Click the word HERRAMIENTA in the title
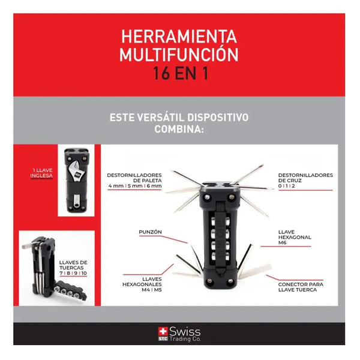(x=179, y=37)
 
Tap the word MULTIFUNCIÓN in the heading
(x=179, y=55)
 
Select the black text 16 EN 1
(x=181, y=73)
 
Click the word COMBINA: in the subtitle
(x=179, y=129)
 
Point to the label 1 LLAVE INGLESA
(x=41, y=173)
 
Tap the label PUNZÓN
(x=150, y=232)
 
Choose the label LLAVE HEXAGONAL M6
(x=295, y=237)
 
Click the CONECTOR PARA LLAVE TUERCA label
(x=301, y=287)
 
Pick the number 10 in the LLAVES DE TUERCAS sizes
(x=84, y=273)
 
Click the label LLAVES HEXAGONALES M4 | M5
(x=142, y=284)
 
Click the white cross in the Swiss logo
(x=163, y=331)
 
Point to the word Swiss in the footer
(x=185, y=332)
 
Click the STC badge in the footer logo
(x=163, y=339)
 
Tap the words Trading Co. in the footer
(x=185, y=339)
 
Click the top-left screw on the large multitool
(x=208, y=197)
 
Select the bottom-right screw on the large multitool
(x=230, y=281)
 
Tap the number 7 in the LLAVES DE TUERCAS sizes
(x=61, y=273)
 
